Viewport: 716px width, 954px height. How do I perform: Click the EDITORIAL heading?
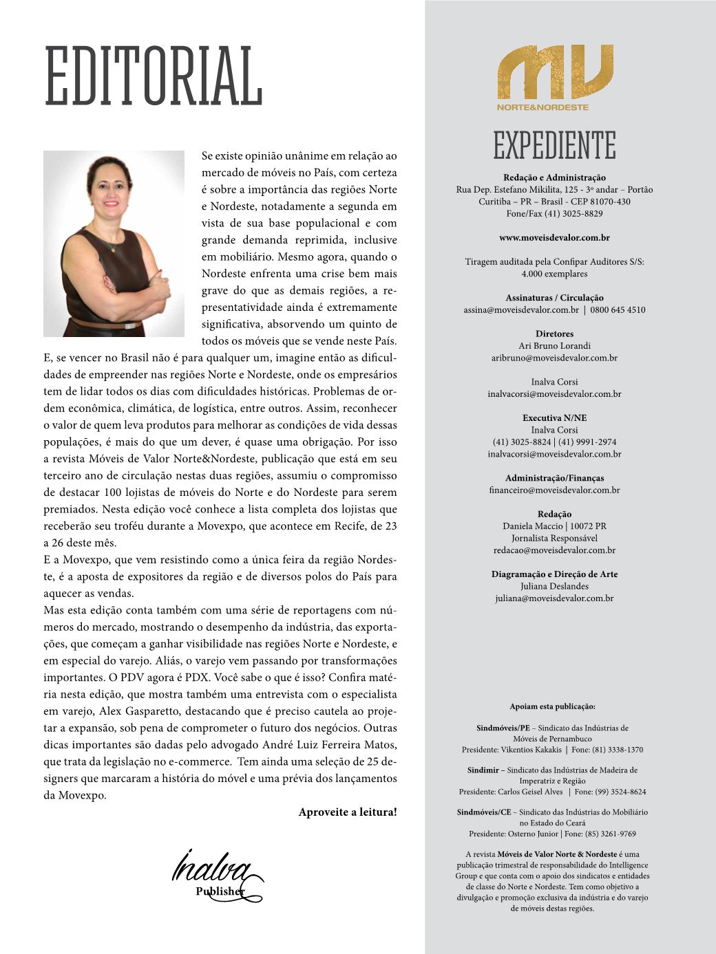click(153, 77)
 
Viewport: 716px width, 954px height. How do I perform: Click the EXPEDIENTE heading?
click(554, 145)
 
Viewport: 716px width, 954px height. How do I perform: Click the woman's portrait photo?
click(114, 243)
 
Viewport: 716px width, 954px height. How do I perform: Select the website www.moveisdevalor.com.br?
click(554, 238)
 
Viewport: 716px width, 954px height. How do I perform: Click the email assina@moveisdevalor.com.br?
click(513, 310)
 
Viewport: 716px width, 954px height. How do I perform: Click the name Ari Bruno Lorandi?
click(554, 346)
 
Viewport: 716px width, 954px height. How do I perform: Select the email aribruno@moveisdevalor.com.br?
click(554, 358)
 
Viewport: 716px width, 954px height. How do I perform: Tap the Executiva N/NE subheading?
click(554, 418)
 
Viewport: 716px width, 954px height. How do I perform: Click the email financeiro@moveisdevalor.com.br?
click(554, 490)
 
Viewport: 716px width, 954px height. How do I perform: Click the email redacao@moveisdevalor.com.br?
click(554, 550)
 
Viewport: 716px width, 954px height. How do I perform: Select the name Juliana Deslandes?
click(554, 586)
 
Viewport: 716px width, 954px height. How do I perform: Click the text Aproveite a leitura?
click(348, 812)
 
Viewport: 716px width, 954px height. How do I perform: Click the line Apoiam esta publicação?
click(552, 706)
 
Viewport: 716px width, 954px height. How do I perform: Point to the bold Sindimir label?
click(483, 770)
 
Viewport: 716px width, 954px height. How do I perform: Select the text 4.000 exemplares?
click(554, 274)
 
